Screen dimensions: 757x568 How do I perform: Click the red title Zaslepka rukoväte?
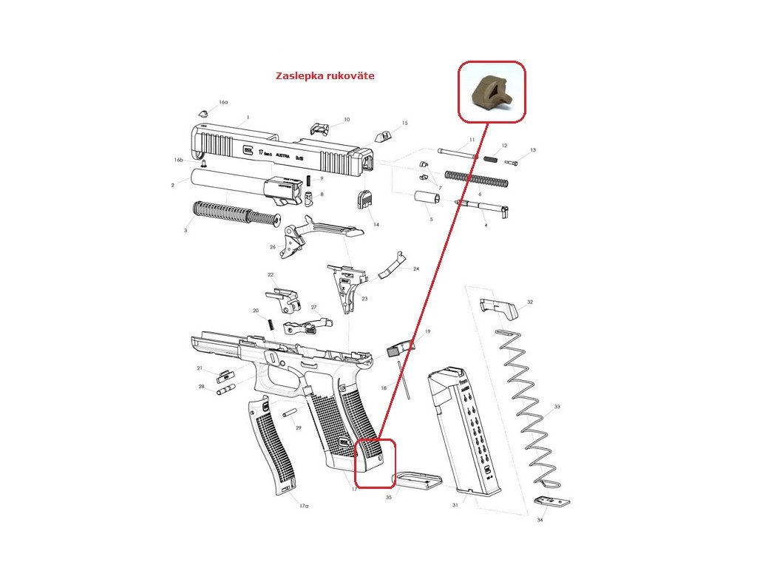(x=325, y=76)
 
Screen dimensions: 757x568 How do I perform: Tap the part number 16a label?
(x=223, y=102)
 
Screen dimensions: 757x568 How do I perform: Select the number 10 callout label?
(x=347, y=119)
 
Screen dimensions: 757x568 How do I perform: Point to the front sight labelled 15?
(x=383, y=135)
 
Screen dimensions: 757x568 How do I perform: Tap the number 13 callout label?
(x=532, y=150)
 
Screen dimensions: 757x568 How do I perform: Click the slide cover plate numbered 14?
(x=366, y=200)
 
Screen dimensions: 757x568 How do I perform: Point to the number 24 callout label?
(x=416, y=269)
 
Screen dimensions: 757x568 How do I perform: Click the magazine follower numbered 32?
(x=496, y=305)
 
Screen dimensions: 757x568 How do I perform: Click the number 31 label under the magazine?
(x=455, y=505)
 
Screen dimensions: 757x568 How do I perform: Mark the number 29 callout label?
(x=299, y=428)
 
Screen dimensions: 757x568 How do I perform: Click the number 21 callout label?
(x=200, y=368)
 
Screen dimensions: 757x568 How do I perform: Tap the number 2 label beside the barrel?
(x=172, y=185)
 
